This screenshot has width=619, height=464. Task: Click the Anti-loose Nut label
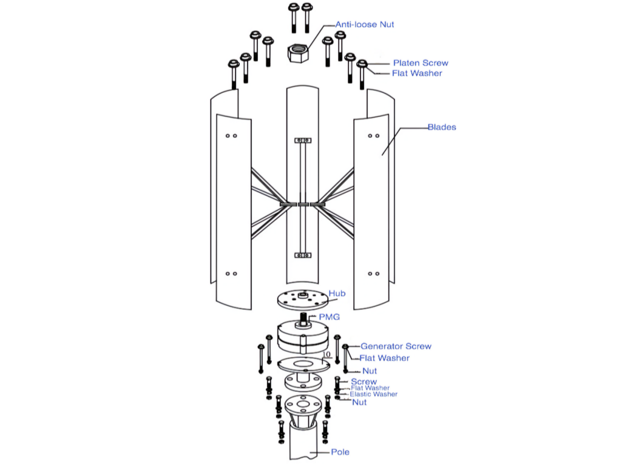coord(365,25)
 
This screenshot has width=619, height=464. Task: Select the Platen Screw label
coord(420,63)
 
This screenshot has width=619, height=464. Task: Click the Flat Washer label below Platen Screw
coord(416,73)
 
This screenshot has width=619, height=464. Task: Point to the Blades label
coord(442,127)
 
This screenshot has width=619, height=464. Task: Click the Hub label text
coord(337,294)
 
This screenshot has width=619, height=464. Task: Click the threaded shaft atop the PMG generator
coord(302,318)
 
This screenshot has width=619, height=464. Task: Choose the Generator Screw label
coord(396,346)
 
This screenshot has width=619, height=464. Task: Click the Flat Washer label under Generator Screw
coord(384,358)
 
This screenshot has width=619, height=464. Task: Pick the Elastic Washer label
coord(373,394)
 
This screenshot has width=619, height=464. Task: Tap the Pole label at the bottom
coord(340,452)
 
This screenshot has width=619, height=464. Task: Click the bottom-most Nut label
coord(359,402)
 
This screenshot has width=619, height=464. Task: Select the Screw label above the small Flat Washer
coord(364,382)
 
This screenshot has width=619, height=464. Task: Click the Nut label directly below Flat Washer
coord(369,371)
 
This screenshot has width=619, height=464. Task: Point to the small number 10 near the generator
coord(327,355)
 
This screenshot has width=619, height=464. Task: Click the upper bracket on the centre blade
coord(302,140)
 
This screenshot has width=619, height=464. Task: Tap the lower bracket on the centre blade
coord(302,255)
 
